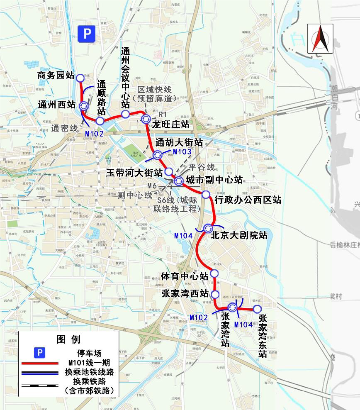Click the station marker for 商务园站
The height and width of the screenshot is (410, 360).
(80, 78)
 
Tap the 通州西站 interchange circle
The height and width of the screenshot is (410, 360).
(84, 106)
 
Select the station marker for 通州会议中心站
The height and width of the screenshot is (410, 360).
(125, 114)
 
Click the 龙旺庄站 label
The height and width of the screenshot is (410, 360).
(171, 124)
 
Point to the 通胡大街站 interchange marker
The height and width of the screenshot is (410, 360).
(158, 155)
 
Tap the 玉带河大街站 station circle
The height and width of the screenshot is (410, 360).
(169, 171)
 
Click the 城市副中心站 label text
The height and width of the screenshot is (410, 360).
(214, 180)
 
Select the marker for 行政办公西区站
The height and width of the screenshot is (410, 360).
(206, 194)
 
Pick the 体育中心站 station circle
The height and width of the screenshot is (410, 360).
(214, 273)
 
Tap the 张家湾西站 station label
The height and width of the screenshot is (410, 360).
(185, 294)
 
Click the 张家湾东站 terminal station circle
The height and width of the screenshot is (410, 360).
(257, 309)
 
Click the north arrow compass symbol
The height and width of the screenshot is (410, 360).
(320, 39)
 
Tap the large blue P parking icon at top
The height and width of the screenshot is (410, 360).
(87, 34)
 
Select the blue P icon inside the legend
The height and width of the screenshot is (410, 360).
(39, 352)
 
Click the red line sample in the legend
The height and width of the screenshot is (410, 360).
(39, 363)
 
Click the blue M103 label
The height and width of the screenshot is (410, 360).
(182, 152)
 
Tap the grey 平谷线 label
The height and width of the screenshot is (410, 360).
(202, 168)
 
